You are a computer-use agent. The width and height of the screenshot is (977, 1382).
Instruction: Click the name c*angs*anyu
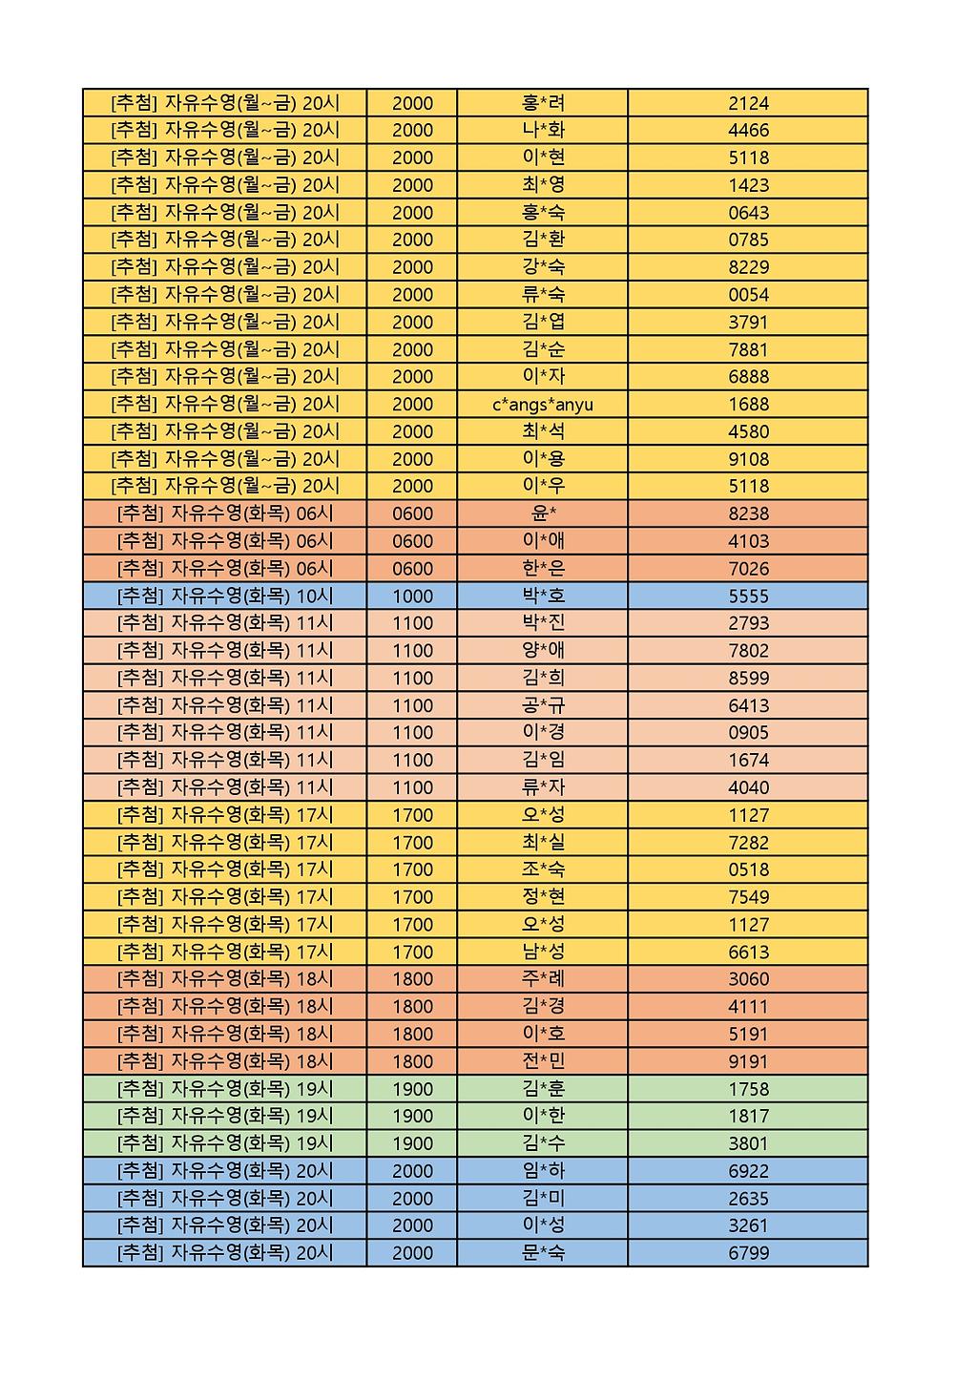click(542, 405)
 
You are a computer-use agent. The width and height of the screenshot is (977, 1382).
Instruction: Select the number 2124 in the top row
click(748, 103)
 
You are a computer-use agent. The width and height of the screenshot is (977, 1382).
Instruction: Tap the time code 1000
click(412, 597)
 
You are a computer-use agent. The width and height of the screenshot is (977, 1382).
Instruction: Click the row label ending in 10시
click(225, 597)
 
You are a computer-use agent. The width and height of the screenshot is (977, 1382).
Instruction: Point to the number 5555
click(748, 597)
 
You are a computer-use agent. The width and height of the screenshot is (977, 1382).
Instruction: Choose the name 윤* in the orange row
click(543, 513)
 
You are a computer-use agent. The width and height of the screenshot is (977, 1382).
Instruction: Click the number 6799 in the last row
click(748, 1253)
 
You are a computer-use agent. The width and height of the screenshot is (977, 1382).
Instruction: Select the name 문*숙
click(543, 1253)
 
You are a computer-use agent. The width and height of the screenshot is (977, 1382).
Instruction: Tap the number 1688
click(748, 405)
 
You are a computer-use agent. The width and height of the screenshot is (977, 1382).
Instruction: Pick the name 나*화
click(543, 131)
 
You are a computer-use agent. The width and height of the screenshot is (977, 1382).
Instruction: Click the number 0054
click(748, 295)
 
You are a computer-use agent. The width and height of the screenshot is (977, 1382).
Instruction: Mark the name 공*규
click(543, 706)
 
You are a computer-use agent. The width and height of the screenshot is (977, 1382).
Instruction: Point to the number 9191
click(748, 1061)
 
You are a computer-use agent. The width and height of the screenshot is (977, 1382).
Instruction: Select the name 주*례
click(543, 979)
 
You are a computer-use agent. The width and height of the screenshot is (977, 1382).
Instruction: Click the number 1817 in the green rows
click(748, 1116)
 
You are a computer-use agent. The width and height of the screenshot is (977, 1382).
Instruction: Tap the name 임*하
click(543, 1171)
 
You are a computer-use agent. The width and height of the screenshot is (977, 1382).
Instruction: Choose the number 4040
click(748, 788)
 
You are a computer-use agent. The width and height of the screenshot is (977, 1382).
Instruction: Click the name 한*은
click(543, 569)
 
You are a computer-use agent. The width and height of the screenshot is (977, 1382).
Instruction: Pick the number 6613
click(748, 953)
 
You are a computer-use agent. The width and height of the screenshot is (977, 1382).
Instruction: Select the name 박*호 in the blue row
click(543, 597)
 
